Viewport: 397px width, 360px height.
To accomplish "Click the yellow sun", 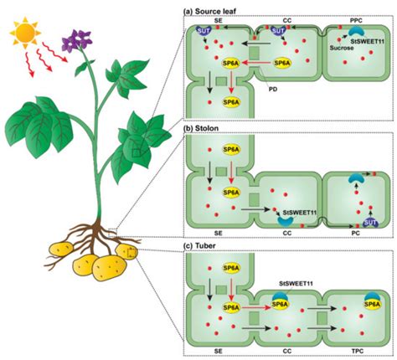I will (x=23, y=36).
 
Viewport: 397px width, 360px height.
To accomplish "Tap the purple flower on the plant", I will (x=80, y=40).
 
